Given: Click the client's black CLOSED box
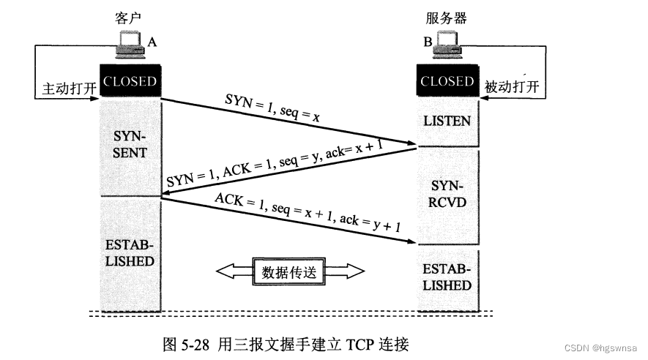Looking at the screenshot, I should pyautogui.click(x=130, y=81).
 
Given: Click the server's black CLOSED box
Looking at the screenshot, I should pyautogui.click(x=447, y=81).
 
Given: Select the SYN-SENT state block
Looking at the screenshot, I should pyautogui.click(x=130, y=145).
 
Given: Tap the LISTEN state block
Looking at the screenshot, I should pyautogui.click(x=447, y=120).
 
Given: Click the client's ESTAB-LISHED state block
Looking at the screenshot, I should pyautogui.click(x=130, y=252).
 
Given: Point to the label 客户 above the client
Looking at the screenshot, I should pyautogui.click(x=127, y=15).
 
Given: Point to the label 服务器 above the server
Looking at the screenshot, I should pyautogui.click(x=447, y=15).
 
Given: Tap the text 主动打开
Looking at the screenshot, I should pyautogui.click(x=64, y=87).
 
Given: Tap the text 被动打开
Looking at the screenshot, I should pyautogui.click(x=512, y=87).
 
